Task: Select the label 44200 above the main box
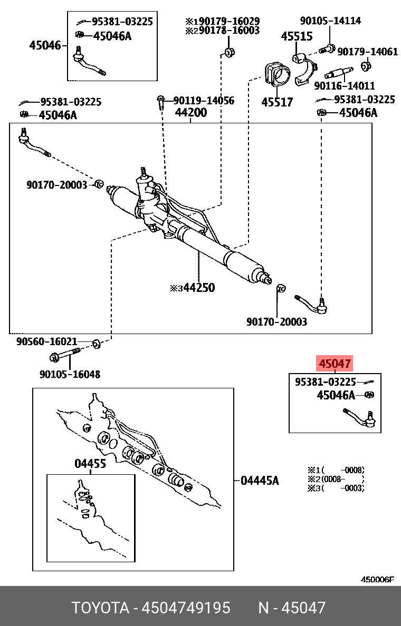191,112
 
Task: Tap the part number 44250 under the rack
196,288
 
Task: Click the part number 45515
296,37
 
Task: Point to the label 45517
277,102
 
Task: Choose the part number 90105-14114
330,21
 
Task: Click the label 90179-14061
367,52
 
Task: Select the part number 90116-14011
344,85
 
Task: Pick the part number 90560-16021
47,341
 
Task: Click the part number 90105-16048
70,374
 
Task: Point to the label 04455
90,464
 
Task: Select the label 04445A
260,481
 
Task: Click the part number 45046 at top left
45,46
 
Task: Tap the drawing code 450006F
377,580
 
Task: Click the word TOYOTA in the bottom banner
100,608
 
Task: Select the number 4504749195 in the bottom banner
188,608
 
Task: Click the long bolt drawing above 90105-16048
64,356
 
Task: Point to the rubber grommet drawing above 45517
277,74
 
